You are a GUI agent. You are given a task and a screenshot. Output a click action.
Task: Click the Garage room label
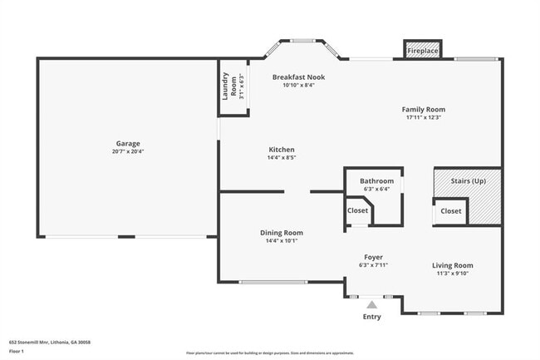pos(127,143)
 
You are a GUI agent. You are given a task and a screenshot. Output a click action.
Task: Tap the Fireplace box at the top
pos(422,51)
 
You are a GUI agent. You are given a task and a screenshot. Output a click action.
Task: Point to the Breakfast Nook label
pos(298,76)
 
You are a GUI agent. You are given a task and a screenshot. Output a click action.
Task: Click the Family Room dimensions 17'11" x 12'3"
pos(423,118)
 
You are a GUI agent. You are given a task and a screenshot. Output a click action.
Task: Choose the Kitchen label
pos(281,150)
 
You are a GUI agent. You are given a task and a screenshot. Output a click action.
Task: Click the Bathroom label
pos(376,180)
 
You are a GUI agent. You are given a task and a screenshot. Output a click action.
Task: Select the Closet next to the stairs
pos(450,211)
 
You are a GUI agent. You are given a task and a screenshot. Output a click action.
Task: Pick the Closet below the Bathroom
pos(357,211)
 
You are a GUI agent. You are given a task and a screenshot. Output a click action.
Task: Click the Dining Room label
pos(281,233)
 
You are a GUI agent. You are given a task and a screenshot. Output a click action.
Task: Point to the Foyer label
pos(374,257)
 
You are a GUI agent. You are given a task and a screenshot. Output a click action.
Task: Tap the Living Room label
pos(452,265)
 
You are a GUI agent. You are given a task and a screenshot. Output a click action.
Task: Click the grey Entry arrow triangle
pos(371,305)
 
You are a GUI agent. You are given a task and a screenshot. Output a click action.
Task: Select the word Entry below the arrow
pos(371,317)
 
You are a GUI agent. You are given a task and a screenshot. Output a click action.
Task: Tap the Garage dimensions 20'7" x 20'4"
pos(127,151)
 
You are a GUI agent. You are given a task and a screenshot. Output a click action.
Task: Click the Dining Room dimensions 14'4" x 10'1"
pos(281,241)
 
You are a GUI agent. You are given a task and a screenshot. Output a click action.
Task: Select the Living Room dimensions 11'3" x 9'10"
pos(452,274)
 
